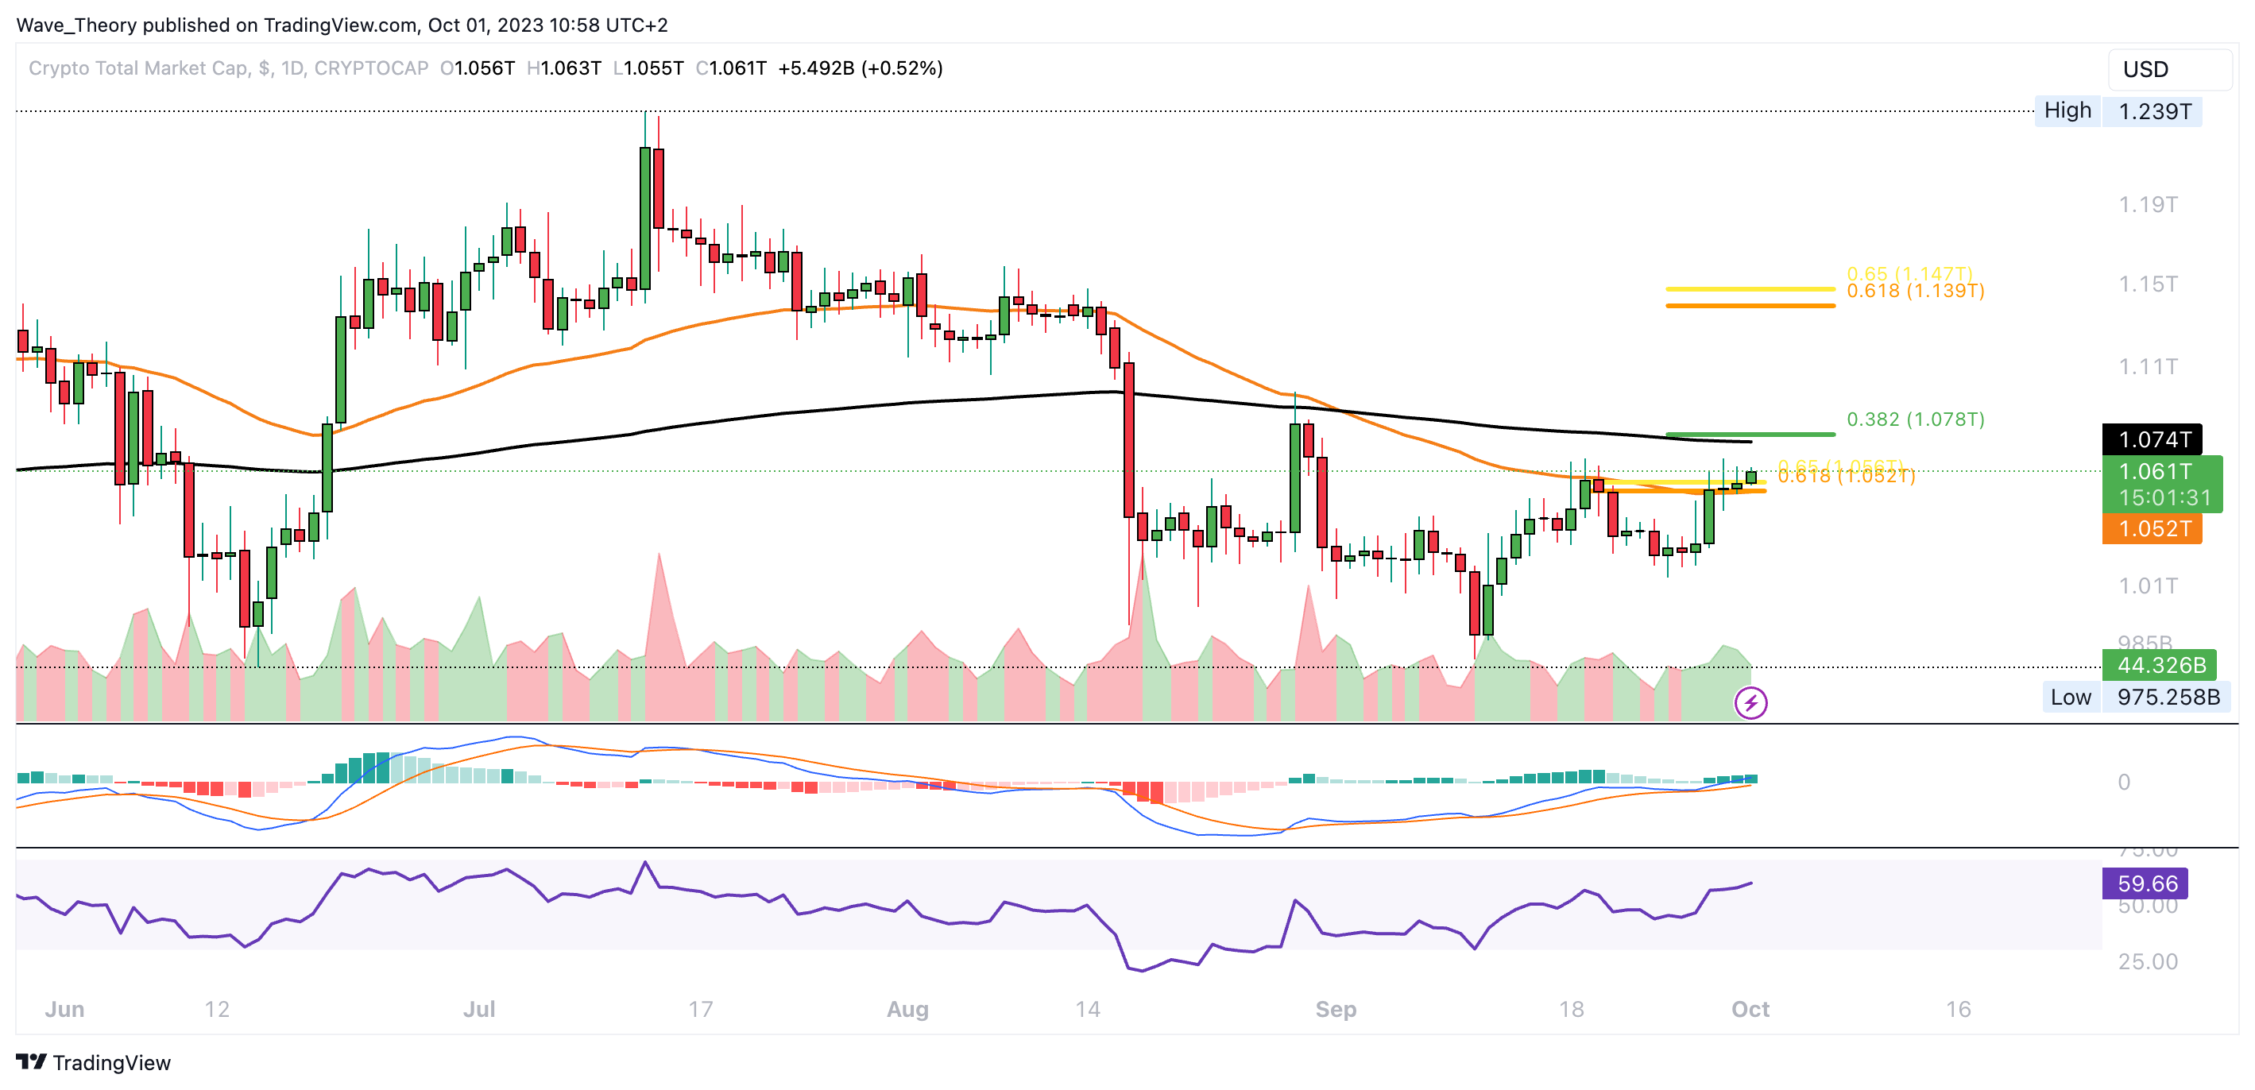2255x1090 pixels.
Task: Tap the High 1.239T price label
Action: point(2118,111)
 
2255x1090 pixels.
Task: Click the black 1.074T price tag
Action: point(2152,439)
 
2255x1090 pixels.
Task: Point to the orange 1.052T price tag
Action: point(2152,529)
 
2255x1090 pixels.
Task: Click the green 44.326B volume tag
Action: point(2159,666)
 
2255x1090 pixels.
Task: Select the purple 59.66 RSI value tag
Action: point(2145,883)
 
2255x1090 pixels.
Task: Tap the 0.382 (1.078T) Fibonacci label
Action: point(1914,419)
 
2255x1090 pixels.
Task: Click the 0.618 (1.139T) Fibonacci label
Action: point(1914,292)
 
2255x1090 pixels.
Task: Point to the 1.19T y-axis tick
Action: point(2147,205)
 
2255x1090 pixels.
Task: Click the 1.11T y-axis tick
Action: point(2147,366)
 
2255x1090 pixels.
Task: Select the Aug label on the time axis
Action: point(907,1010)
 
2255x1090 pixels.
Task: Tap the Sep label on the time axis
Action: point(1335,1010)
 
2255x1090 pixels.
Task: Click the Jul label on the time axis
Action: point(479,1010)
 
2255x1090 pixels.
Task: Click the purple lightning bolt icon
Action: point(1750,702)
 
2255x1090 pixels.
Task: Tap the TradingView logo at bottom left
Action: point(94,1063)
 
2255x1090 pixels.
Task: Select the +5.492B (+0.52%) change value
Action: point(860,68)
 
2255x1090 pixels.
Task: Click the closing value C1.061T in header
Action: point(731,68)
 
